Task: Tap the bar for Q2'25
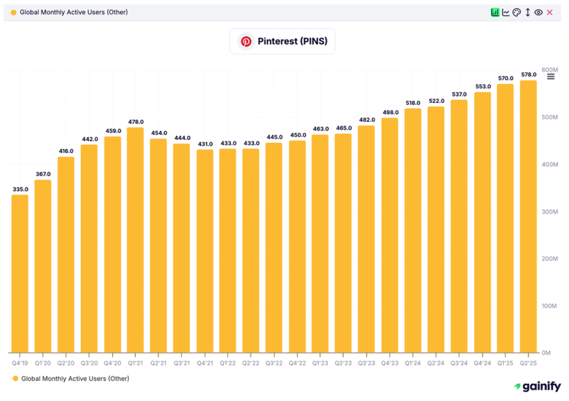tap(528, 217)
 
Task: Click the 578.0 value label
tap(528, 74)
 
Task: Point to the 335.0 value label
tap(20, 189)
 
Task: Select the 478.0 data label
tap(136, 122)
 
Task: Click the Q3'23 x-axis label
tap(366, 363)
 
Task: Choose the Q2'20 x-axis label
tap(66, 363)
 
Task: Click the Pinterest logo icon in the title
tap(246, 42)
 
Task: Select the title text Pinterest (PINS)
tap(292, 42)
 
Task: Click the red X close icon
tap(550, 12)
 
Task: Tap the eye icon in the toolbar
tap(538, 12)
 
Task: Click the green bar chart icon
tap(495, 12)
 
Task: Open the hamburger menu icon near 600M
tap(551, 77)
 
